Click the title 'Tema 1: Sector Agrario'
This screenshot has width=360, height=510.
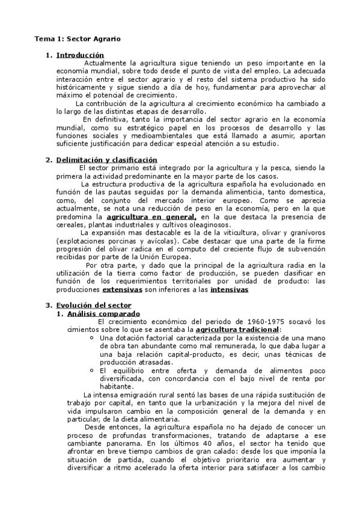(x=77, y=38)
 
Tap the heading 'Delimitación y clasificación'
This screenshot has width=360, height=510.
(x=106, y=160)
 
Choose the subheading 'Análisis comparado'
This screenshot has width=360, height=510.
(x=103, y=313)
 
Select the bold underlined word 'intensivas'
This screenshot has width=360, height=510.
(x=229, y=289)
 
